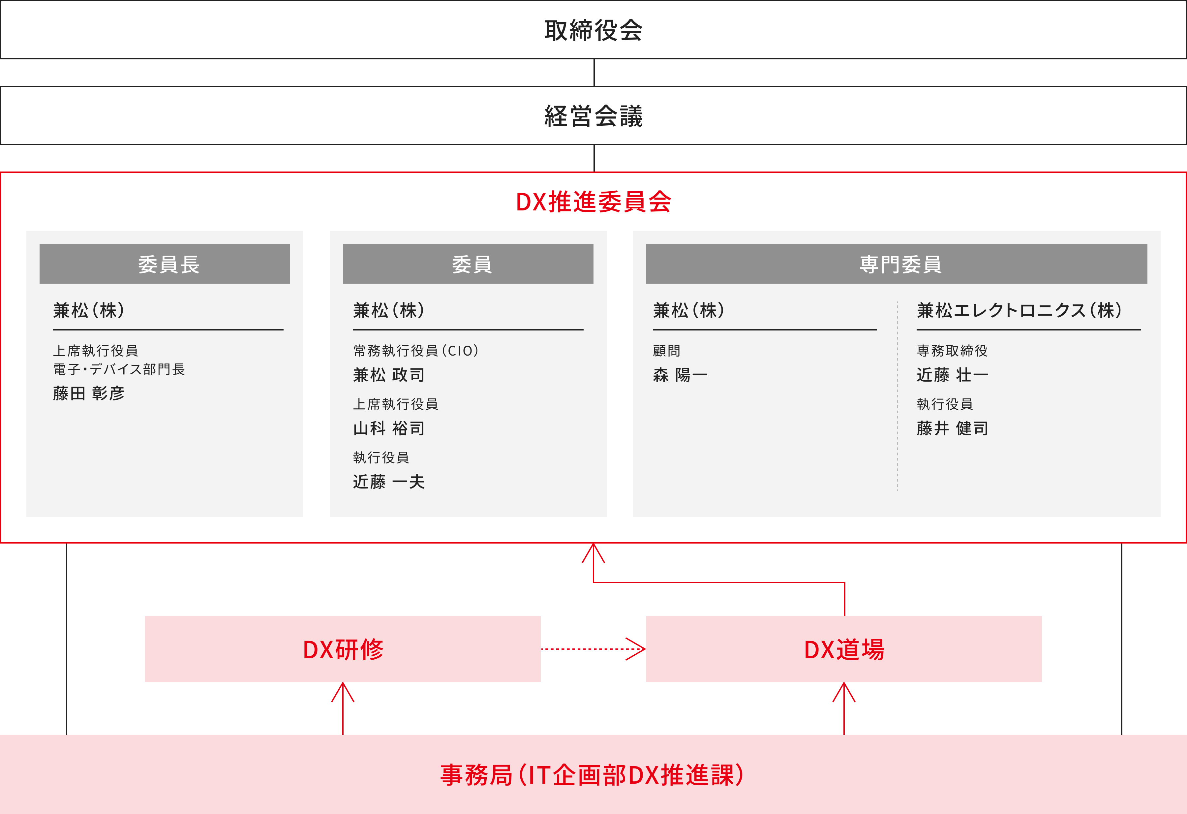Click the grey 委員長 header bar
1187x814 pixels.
165,264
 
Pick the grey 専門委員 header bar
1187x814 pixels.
897,264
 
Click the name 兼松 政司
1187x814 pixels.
389,375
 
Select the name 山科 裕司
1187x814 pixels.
389,428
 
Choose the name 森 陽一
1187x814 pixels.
680,375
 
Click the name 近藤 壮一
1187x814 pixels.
953,375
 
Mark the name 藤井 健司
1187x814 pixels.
953,428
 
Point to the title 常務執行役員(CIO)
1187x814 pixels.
416,351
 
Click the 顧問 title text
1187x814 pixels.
667,351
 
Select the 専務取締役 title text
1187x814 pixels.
952,351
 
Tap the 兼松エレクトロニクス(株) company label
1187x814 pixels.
1020,310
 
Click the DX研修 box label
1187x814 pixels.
343,649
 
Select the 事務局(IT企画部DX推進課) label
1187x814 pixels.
593,775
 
